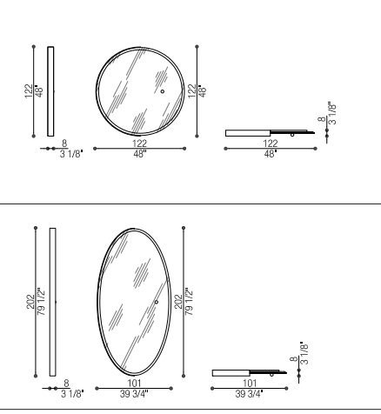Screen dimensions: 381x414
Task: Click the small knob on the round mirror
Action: (163, 91)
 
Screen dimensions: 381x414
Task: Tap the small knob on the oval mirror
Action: (157, 302)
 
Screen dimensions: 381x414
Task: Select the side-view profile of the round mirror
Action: (50, 91)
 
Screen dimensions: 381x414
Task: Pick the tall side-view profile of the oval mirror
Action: (53, 302)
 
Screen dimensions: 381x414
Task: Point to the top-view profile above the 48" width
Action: (271, 133)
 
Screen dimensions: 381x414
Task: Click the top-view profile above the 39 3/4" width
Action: (250, 373)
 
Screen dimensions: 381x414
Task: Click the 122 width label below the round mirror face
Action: (140, 144)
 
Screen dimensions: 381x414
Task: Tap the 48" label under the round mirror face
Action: (140, 154)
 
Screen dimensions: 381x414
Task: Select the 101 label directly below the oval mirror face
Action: (134, 384)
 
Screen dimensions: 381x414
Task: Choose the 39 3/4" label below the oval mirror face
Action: (134, 394)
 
